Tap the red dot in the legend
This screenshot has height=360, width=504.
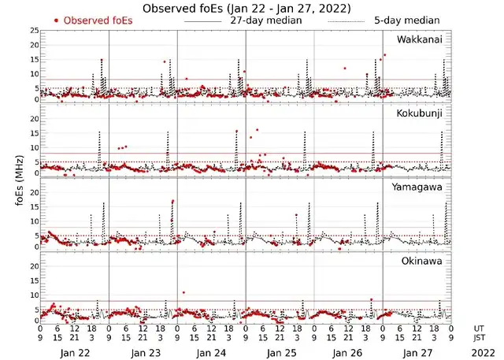point(55,20)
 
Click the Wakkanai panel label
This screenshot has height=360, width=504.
point(419,39)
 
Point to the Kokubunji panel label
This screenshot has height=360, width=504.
point(421,113)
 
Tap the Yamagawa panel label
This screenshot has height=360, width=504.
point(420,187)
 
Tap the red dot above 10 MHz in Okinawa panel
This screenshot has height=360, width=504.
point(183,292)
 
